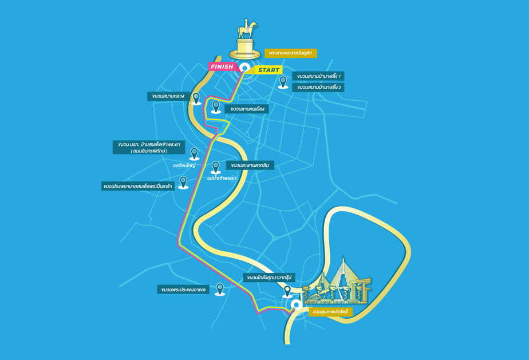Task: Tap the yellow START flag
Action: [267, 70]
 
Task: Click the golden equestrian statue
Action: [245, 39]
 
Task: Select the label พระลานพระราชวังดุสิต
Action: [290, 53]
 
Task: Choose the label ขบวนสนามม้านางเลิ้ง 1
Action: [318, 76]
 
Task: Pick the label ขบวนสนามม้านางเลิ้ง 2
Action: [318, 88]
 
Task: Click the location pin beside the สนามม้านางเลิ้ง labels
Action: [283, 82]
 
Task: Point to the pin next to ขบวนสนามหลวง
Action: [196, 99]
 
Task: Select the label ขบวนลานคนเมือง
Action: [247, 109]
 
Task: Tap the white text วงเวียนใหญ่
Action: [184, 165]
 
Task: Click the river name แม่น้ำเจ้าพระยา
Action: [222, 178]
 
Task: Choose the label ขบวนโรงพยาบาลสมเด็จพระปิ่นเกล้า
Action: [138, 186]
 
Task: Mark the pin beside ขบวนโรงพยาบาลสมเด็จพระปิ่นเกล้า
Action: [183, 183]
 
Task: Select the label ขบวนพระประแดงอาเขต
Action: [183, 290]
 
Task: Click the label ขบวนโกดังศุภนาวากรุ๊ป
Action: [269, 278]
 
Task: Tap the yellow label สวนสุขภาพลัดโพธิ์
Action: [331, 312]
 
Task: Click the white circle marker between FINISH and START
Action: [244, 68]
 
